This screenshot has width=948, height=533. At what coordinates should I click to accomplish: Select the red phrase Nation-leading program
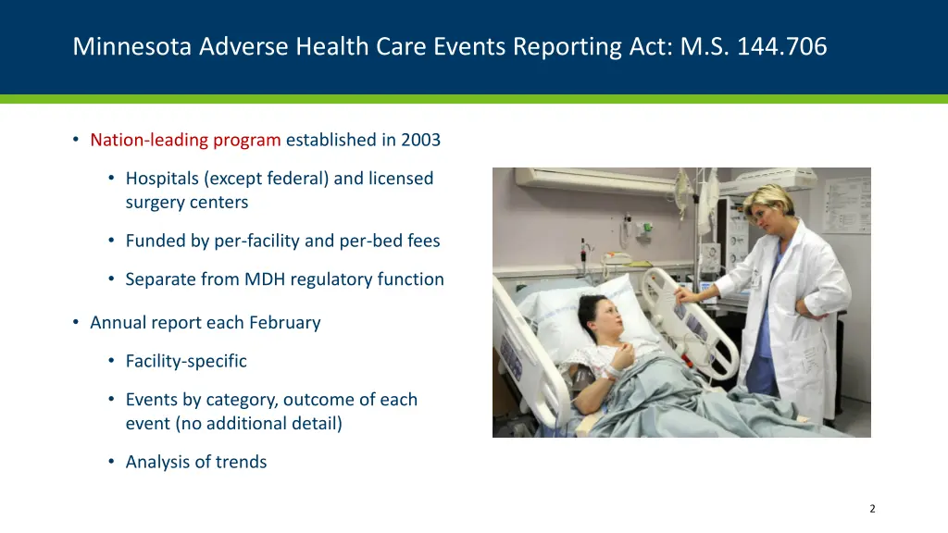coord(185,141)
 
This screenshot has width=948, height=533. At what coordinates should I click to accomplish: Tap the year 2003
coord(420,141)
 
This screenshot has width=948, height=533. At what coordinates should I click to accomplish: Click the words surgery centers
coord(187,202)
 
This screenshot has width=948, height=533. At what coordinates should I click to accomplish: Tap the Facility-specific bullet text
coord(186,361)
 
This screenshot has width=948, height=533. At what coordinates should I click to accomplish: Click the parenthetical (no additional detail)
coord(233,424)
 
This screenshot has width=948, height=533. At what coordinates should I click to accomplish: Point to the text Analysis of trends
coord(196,463)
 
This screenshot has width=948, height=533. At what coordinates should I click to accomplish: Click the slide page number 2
coord(872,508)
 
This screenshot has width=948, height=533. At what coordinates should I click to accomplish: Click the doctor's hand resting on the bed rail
coord(687,294)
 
